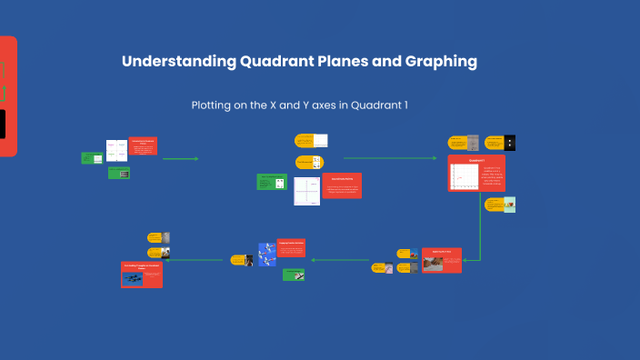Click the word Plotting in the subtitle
214,105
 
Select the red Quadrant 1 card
476,173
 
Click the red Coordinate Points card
341,185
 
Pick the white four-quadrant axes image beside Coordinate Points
306,191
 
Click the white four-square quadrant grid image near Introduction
116,150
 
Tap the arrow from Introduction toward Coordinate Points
180,159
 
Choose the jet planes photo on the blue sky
267,254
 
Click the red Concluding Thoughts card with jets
142,274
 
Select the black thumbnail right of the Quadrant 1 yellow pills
510,143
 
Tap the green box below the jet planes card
293,274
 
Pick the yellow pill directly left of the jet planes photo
242,260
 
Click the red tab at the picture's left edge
8,95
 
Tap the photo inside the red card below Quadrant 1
434,264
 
